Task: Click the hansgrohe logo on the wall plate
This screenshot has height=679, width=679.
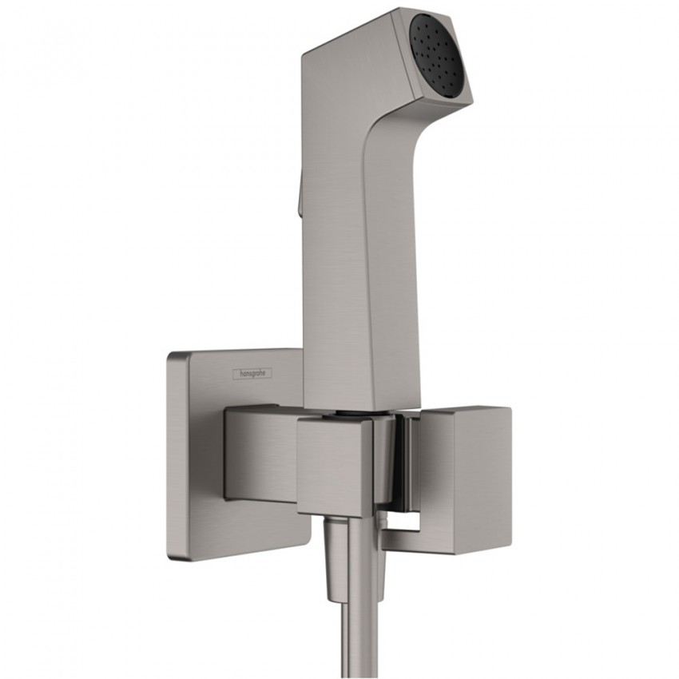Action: pyautogui.click(x=252, y=373)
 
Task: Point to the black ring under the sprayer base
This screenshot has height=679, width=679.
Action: pyautogui.click(x=347, y=414)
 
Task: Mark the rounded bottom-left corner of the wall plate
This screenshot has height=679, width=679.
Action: pyautogui.click(x=169, y=558)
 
